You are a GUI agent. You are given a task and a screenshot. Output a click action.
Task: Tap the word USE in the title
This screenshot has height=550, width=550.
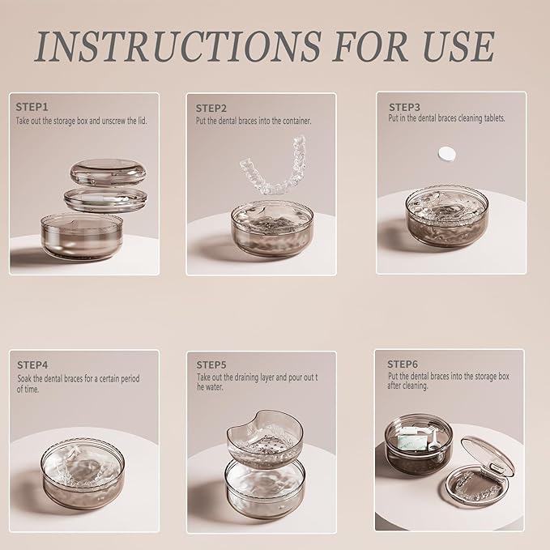(x=458, y=47)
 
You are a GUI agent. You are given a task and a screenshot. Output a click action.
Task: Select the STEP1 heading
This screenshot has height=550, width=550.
(x=32, y=107)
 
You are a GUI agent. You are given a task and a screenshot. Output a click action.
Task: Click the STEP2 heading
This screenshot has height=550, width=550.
(x=211, y=109)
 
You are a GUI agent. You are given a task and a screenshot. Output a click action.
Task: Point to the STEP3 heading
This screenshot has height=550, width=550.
(x=404, y=107)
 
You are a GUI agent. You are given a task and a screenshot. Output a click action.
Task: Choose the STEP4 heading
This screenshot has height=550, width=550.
(x=32, y=365)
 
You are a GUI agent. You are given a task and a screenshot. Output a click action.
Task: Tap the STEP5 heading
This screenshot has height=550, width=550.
(x=211, y=365)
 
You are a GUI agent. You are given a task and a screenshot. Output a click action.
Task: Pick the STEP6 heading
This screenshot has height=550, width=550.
(x=403, y=364)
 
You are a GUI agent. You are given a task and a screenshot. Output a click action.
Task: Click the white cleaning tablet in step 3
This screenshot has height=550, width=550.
(x=447, y=154)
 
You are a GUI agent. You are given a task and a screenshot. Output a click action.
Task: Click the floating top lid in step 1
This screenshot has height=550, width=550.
(x=108, y=172)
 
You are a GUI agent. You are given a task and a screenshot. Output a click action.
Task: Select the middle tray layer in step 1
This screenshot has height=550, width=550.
(x=105, y=200)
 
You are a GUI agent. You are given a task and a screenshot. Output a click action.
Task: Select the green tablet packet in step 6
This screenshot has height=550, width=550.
(x=411, y=439)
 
